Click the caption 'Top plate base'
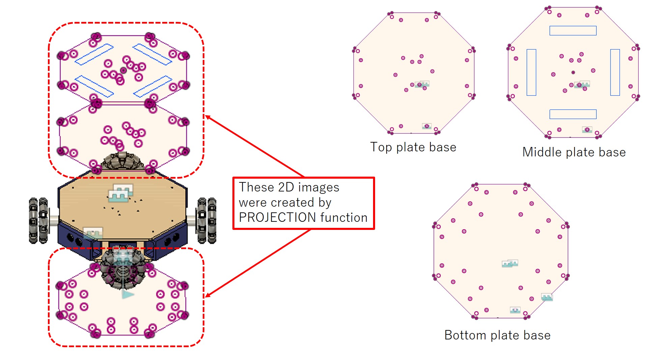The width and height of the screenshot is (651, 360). pyautogui.click(x=413, y=147)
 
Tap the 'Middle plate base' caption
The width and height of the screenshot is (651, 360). pyautogui.click(x=574, y=152)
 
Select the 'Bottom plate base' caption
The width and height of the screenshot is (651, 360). pyautogui.click(x=498, y=335)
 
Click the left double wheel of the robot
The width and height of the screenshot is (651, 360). pyautogui.click(x=38, y=220)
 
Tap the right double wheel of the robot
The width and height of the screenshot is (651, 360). pyautogui.click(x=206, y=220)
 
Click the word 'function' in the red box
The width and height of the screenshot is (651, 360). pyautogui.click(x=344, y=217)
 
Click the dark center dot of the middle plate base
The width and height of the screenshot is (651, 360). pyautogui.click(x=573, y=72)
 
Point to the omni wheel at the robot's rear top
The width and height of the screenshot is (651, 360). pyautogui.click(x=123, y=161)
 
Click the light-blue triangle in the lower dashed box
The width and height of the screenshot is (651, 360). pyautogui.click(x=128, y=295)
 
